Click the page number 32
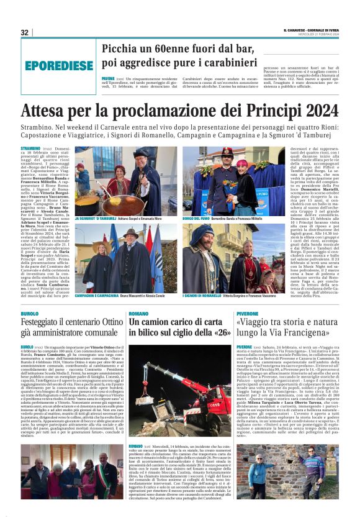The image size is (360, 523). tap(24, 32)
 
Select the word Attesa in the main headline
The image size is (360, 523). tap(46, 111)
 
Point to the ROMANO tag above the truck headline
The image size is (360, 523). tap(138, 314)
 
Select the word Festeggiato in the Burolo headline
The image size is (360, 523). tap(47, 323)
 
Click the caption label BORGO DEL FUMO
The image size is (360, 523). tap(197, 219)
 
